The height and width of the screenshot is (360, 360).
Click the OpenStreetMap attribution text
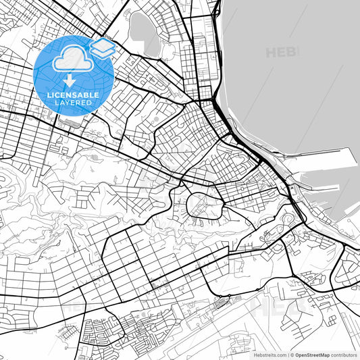pyautogui.click(x=313, y=354)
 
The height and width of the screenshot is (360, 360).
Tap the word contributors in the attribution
pyautogui.click(x=342, y=354)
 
